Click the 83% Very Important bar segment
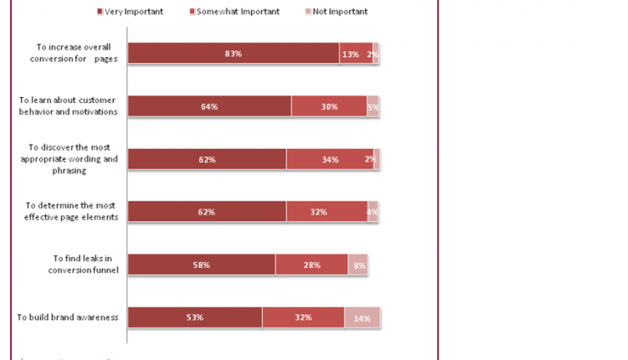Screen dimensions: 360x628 tap(234, 54)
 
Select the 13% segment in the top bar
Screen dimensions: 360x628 tap(356, 54)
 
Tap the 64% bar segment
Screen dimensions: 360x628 tap(209, 106)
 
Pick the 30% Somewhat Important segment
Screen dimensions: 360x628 tap(329, 106)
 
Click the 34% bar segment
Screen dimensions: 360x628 tap(329, 159)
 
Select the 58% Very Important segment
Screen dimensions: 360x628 tap(202, 265)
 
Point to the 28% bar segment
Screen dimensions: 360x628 tap(311, 265)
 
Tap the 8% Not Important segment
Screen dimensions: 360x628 tap(358, 265)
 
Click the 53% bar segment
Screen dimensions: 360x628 tap(195, 317)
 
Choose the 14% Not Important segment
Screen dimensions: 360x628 tap(362, 317)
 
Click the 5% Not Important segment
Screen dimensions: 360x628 tap(373, 106)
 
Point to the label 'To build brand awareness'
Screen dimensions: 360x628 tap(68, 317)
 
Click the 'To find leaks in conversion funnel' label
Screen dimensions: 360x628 tap(71, 265)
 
